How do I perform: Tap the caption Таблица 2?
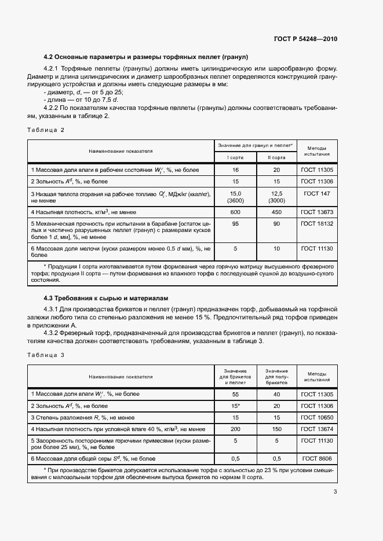[46, 130]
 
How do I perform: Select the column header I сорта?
[235, 157]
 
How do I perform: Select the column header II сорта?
[276, 157]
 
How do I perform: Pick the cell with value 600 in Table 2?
[235, 212]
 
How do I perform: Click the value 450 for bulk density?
[276, 212]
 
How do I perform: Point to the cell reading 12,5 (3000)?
[276, 196]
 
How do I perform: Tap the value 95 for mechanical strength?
[235, 224]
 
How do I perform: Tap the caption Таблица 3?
[46, 354]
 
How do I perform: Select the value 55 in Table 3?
[235, 394]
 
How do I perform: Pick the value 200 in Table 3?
[235, 429]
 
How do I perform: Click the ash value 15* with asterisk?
[235, 406]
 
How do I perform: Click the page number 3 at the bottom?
[335, 492]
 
